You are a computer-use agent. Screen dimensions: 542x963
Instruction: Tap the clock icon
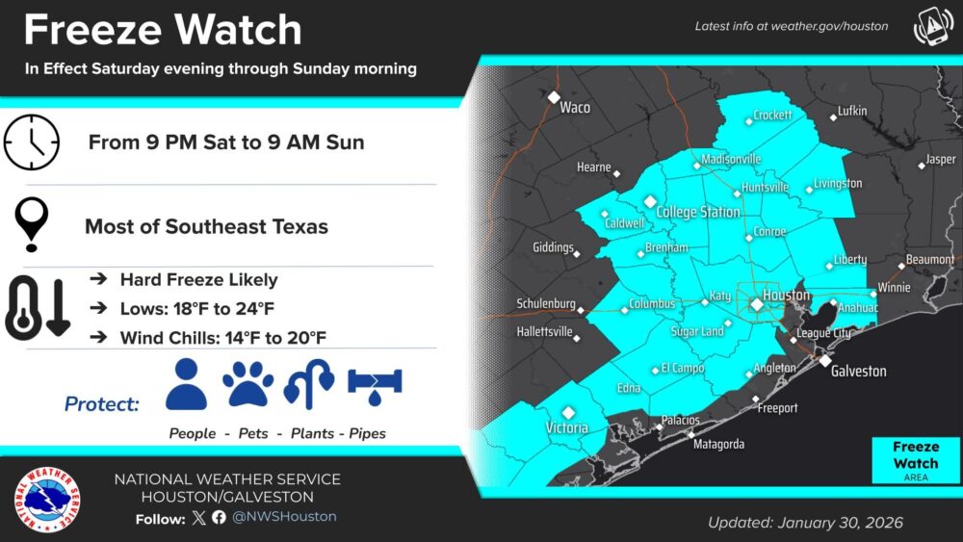tap(32, 143)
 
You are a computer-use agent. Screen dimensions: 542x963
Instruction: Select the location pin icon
tap(34, 225)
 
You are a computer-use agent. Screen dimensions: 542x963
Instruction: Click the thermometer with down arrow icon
tap(37, 308)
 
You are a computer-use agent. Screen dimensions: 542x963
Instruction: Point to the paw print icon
tap(247, 384)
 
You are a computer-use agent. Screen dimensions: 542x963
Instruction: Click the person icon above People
tap(186, 384)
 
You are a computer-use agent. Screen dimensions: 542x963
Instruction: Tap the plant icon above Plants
tap(309, 385)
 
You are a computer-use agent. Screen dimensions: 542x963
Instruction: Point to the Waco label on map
tap(575, 107)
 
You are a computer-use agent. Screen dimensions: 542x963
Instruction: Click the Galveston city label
tap(859, 371)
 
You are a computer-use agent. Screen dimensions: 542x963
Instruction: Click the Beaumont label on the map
tap(930, 260)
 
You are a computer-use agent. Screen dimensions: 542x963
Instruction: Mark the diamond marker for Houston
tap(757, 304)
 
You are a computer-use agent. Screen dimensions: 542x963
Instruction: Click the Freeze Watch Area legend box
tap(915, 460)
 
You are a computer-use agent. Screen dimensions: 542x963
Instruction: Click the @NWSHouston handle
tap(284, 517)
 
